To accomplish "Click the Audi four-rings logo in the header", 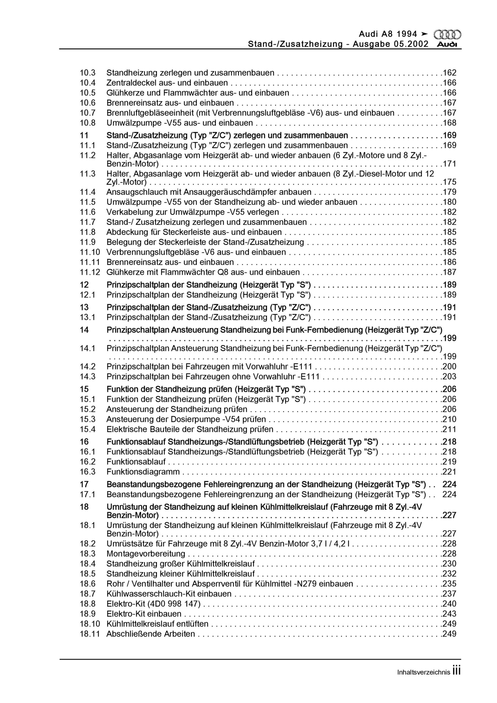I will tap(447, 35).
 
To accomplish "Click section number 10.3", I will tap(88, 73).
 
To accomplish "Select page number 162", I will tap(449, 73).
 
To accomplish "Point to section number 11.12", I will tap(90, 272).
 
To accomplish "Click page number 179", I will tap(449, 192).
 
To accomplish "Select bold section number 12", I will tap(84, 285).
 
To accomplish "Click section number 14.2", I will tap(88, 367).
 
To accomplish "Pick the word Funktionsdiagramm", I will tap(143, 472).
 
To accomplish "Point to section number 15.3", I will tap(88, 419).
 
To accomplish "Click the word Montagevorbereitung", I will tap(146, 554).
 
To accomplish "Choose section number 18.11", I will tap(90, 634).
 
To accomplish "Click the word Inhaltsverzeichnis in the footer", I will tap(423, 673).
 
